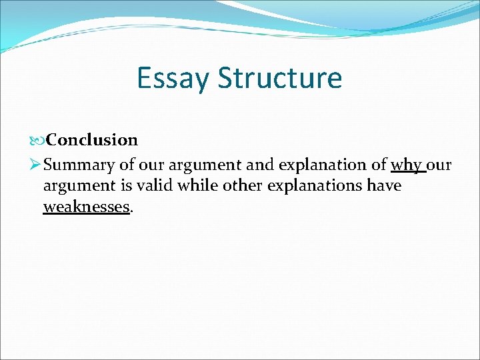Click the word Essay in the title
click(x=173, y=79)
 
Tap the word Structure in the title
click(x=280, y=79)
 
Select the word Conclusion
click(x=93, y=140)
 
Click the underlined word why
click(x=406, y=163)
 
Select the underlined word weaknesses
click(x=86, y=207)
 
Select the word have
click(x=385, y=185)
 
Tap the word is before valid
click(x=133, y=185)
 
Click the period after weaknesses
click(x=131, y=208)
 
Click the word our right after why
click(x=439, y=163)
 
